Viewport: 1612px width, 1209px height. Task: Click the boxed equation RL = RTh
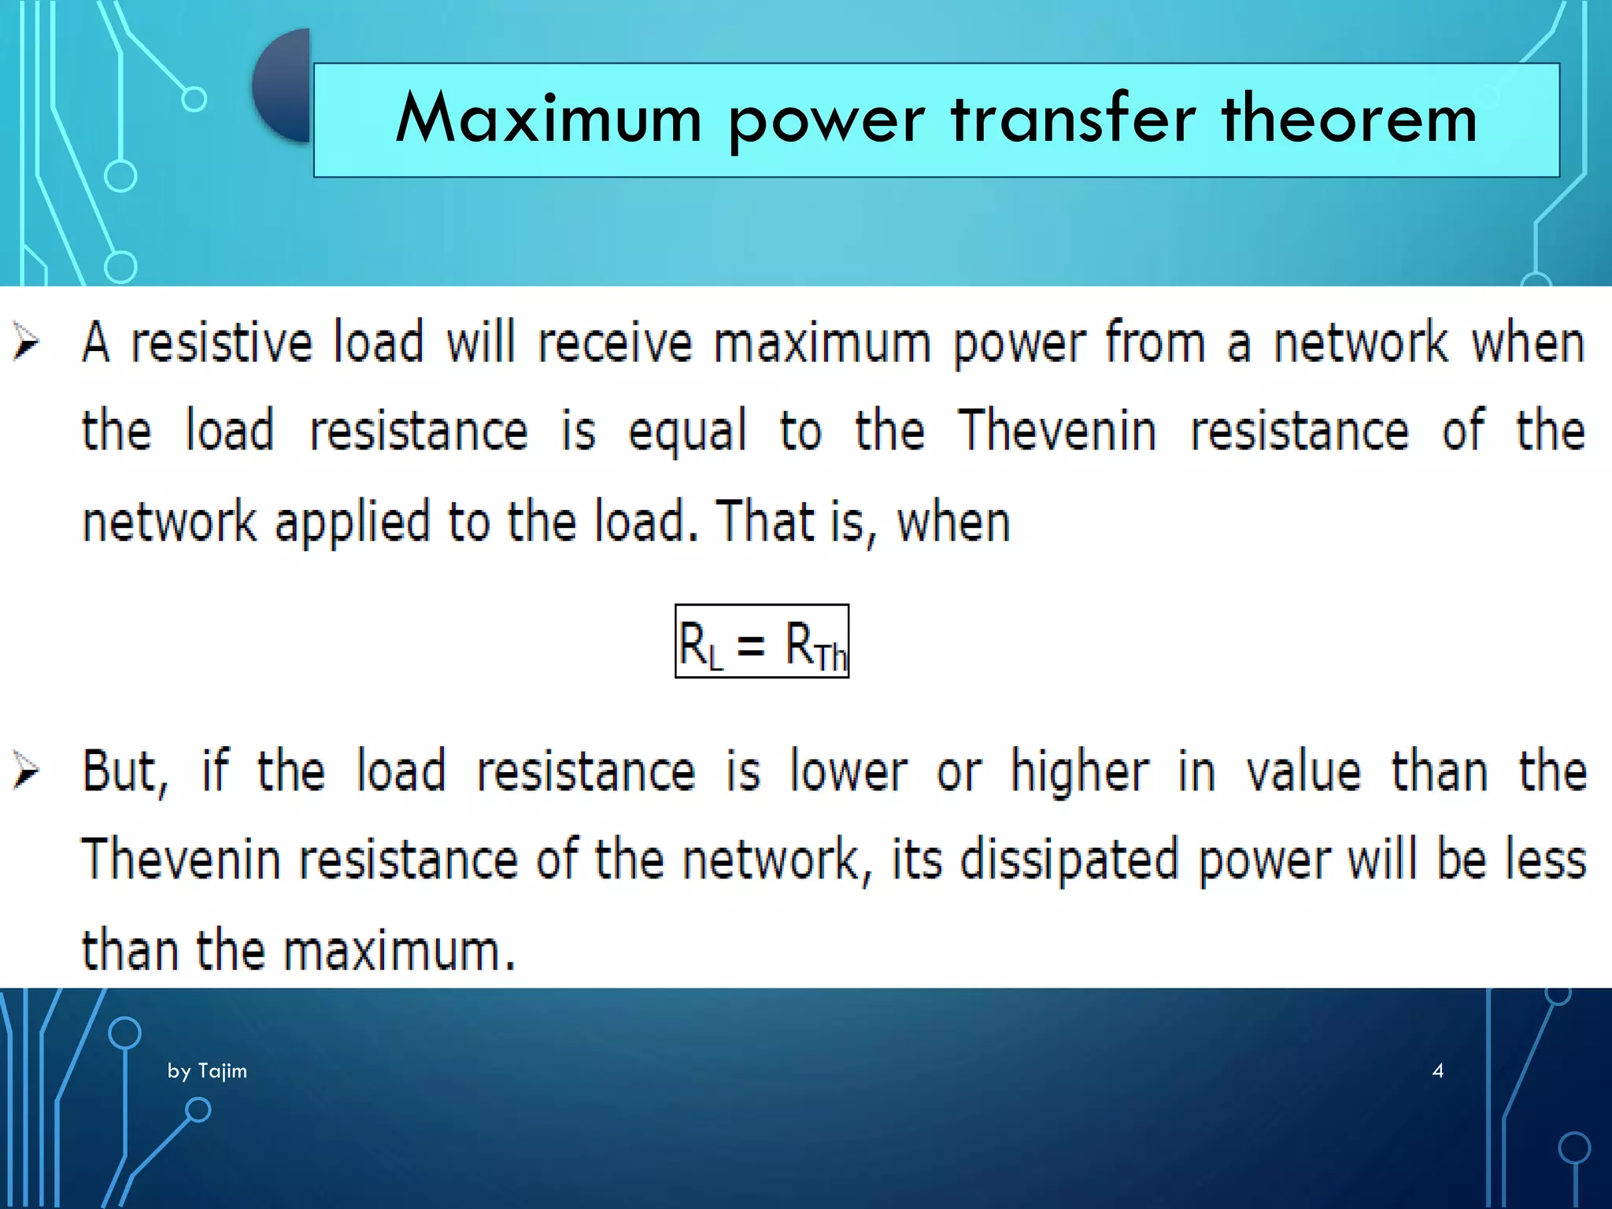click(x=761, y=641)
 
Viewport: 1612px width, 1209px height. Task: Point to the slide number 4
click(x=1437, y=1070)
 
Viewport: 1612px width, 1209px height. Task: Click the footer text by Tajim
click(x=207, y=1070)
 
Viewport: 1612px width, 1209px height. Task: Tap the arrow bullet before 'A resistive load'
click(x=26, y=342)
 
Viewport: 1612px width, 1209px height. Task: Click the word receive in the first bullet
click(x=614, y=343)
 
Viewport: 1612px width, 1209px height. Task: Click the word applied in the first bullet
click(x=352, y=523)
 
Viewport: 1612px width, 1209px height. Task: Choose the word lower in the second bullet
click(x=849, y=771)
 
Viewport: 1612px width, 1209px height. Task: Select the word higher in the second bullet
click(x=1079, y=771)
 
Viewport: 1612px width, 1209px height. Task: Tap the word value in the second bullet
click(x=1303, y=771)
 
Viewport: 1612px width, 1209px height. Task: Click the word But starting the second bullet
click(x=124, y=771)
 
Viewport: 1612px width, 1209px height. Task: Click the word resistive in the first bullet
click(x=221, y=343)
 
